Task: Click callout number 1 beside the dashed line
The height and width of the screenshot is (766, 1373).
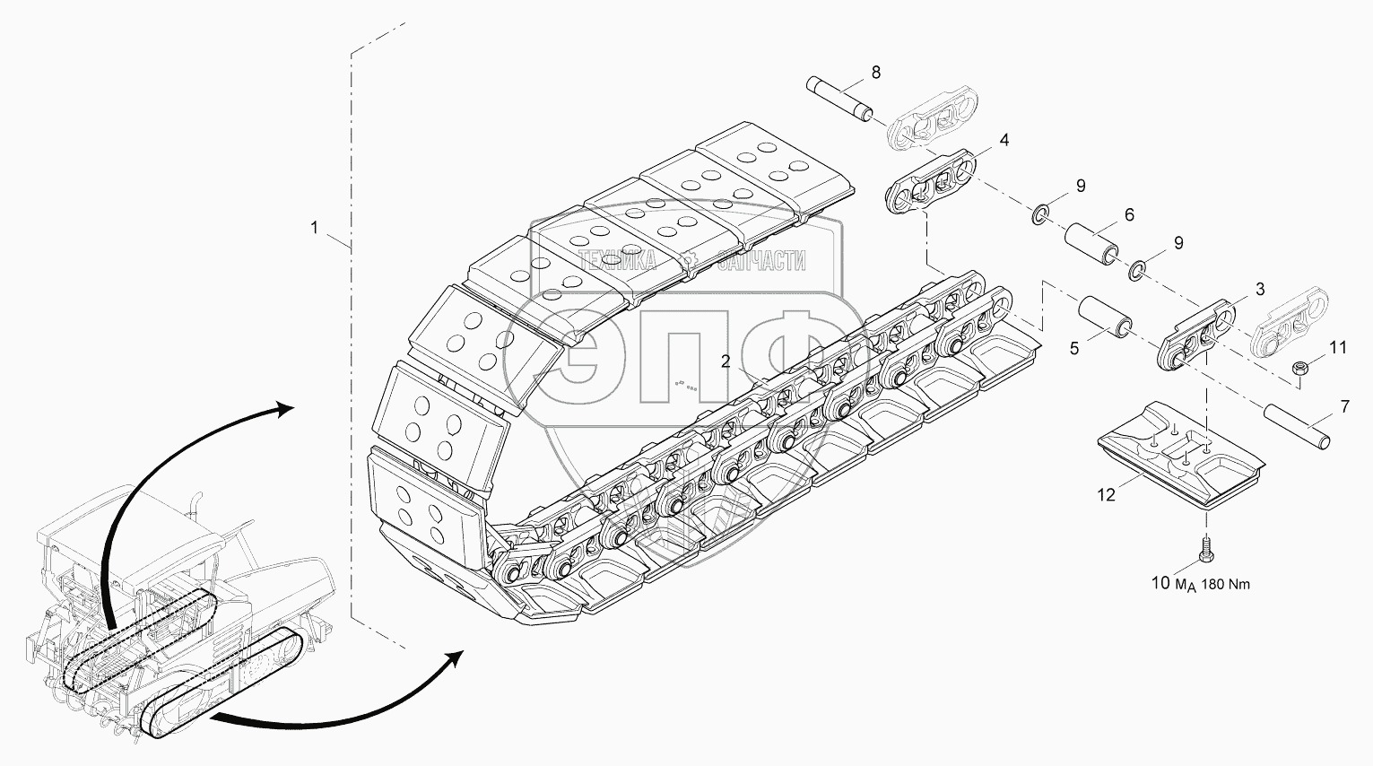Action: [315, 228]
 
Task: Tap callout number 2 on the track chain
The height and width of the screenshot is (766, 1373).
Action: [726, 361]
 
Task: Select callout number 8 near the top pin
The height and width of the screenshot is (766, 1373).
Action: [876, 73]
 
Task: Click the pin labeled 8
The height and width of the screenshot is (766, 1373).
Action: [840, 100]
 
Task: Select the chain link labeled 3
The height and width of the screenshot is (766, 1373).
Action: [1195, 335]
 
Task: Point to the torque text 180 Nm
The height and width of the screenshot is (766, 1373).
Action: [1225, 585]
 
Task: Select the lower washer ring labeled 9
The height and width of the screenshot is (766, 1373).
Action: [1137, 271]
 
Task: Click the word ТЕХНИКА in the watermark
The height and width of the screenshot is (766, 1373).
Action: [617, 262]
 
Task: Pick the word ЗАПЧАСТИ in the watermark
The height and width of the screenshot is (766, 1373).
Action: [760, 262]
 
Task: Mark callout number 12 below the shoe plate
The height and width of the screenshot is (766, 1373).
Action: [1107, 494]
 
